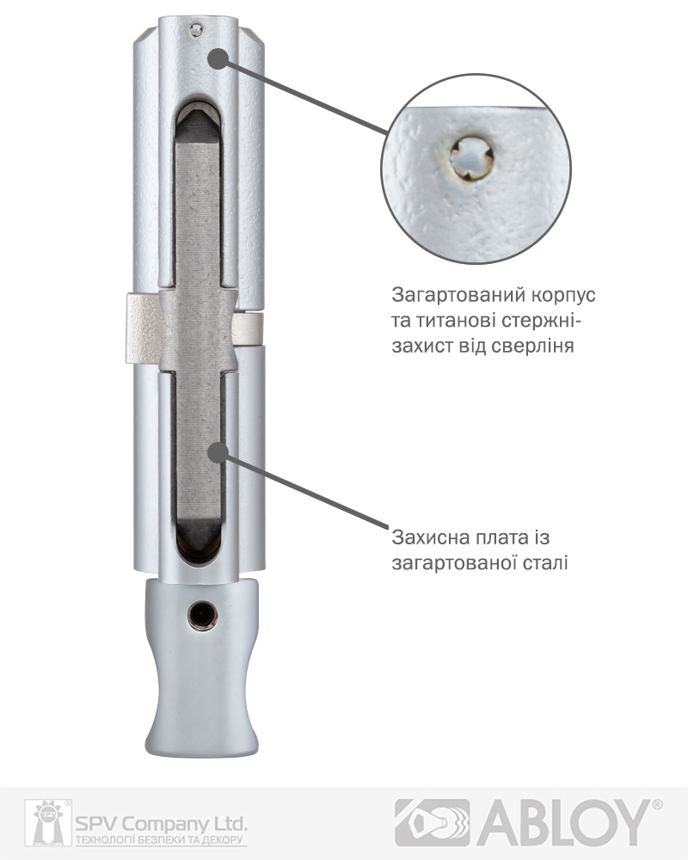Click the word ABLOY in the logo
click(x=563, y=822)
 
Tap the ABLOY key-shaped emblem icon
click(x=432, y=822)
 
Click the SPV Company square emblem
click(x=47, y=822)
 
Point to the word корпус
click(x=564, y=296)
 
